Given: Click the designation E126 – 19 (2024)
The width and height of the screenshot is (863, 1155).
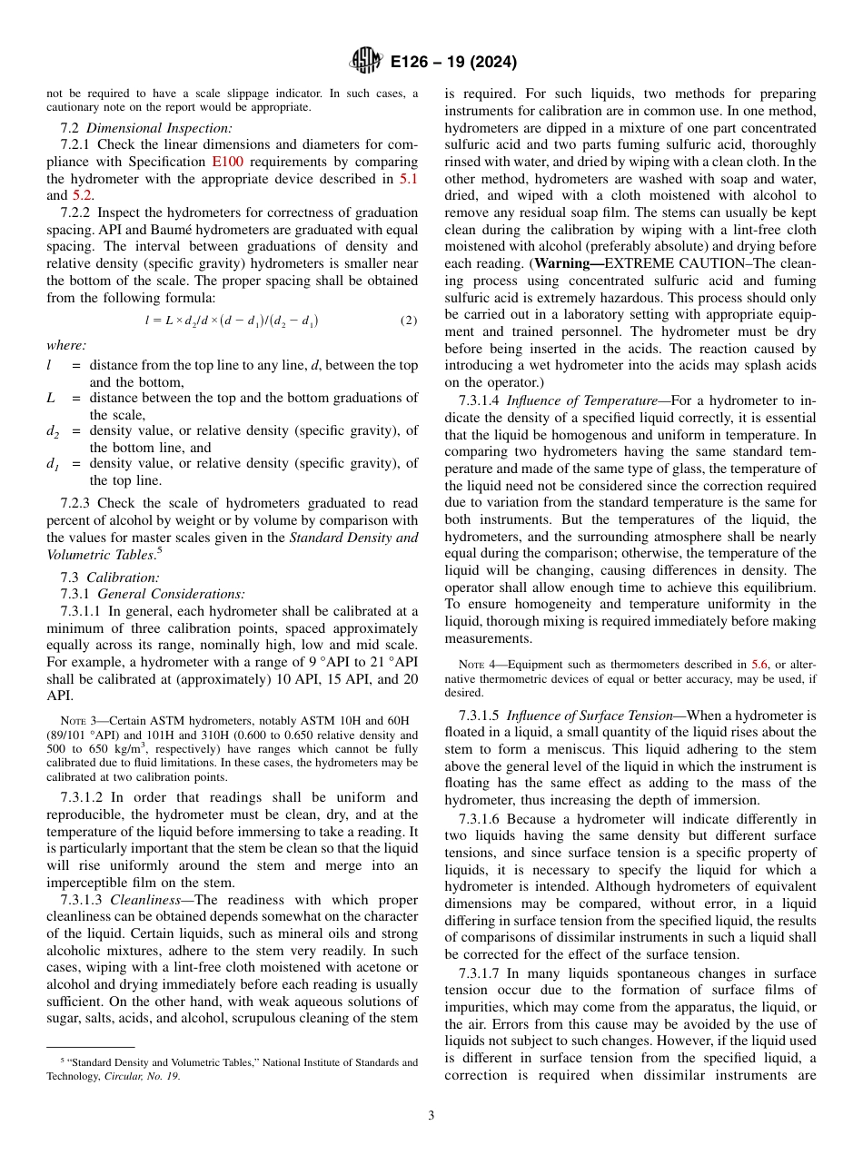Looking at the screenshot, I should click(x=453, y=63).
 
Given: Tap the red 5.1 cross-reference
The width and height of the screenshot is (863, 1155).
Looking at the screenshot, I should click(x=409, y=179).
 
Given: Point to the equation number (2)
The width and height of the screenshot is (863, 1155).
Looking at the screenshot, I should click(x=409, y=321).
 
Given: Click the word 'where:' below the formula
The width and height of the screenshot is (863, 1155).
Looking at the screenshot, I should click(x=66, y=345).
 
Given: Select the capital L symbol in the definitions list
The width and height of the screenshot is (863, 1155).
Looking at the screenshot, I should click(x=51, y=398).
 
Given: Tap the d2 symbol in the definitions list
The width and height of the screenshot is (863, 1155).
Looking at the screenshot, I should click(x=53, y=431).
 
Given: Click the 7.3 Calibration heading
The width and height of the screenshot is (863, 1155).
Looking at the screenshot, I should click(x=109, y=577).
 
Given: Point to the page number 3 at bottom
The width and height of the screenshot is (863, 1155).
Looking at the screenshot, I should click(x=431, y=1116).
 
